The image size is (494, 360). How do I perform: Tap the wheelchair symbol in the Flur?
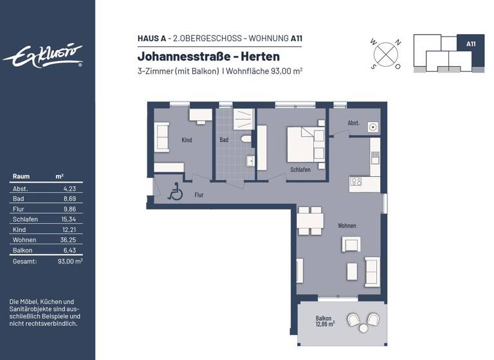[174, 192]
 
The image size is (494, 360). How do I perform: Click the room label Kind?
[187, 139]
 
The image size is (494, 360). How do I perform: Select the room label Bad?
[223, 139]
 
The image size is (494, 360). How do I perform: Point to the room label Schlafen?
[300, 170]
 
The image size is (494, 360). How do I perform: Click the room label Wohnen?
[347, 226]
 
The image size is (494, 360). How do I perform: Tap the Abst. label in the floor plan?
[353, 122]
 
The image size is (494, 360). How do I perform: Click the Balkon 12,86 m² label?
[325, 322]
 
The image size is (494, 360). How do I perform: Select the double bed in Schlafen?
[305, 144]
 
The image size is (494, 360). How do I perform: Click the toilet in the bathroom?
[244, 139]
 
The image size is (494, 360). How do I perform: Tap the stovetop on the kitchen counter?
[356, 182]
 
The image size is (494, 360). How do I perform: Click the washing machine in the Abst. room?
[373, 127]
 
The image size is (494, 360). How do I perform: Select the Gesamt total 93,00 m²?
[70, 262]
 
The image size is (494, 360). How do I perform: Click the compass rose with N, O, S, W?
[385, 53]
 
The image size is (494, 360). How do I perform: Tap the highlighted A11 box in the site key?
[470, 44]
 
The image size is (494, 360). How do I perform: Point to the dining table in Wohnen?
[310, 220]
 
